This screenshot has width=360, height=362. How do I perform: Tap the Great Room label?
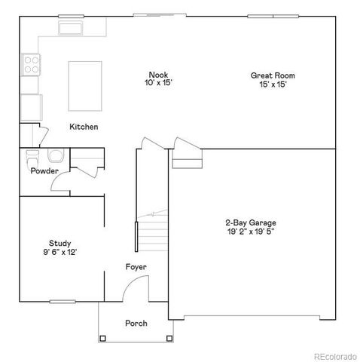click(x=273, y=75)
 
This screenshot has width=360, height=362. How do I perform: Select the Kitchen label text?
click(x=84, y=127)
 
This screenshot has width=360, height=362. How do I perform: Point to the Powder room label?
click(x=44, y=171)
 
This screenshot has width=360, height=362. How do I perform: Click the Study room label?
click(x=60, y=243)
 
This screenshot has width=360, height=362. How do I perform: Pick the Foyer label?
click(x=136, y=267)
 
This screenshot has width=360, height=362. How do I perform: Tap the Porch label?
click(x=136, y=324)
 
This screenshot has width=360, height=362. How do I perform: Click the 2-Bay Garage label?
click(x=251, y=222)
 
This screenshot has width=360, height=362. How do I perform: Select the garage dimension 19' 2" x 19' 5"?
click(x=251, y=232)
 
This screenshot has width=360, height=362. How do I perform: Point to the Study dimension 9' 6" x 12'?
click(x=60, y=252)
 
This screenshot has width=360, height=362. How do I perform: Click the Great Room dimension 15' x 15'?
click(x=273, y=84)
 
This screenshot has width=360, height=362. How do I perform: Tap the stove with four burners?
click(x=31, y=65)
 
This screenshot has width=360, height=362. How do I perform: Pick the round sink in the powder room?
click(x=56, y=157)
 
